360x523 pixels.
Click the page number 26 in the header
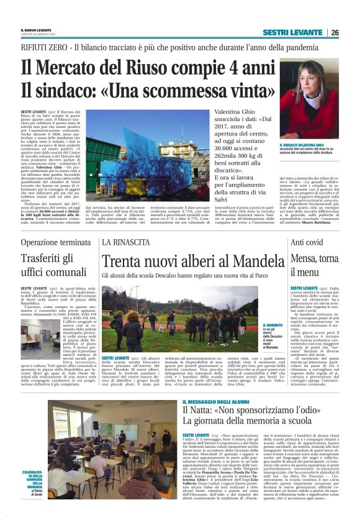point(335,32)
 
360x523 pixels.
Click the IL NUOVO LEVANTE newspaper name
point(36,30)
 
